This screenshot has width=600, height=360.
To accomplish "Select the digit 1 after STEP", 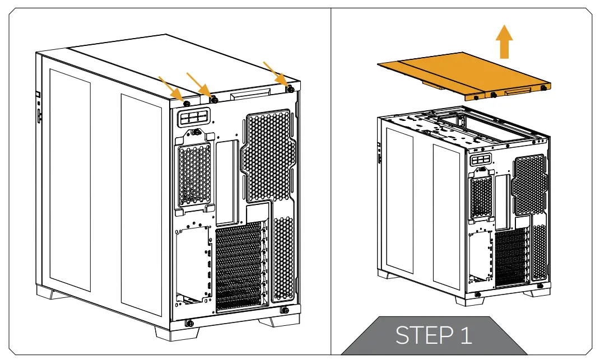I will coord(464,335).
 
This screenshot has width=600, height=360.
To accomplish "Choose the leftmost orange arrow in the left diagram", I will coord(170,87).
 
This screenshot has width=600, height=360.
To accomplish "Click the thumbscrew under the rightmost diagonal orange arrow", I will coord(290,88).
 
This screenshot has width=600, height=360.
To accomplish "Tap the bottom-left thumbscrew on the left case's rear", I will coord(189,322).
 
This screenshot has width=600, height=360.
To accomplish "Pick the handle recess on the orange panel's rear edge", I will coord(519,92).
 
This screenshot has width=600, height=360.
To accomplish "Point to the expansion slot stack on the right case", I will coord(510,258).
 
